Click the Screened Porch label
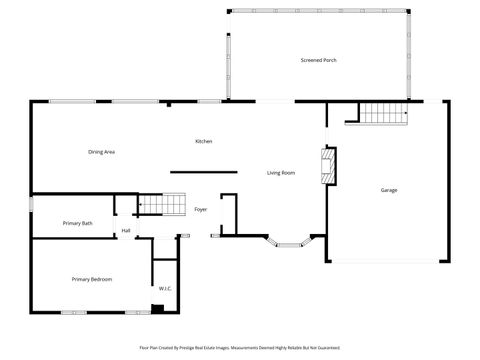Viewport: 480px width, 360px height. [x=318, y=61]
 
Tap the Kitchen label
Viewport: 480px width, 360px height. [x=203, y=141]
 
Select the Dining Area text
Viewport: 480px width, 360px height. [x=102, y=152]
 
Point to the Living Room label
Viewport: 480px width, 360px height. [x=280, y=173]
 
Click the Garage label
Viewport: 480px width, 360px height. [x=388, y=190]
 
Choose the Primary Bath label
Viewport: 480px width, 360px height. [x=78, y=223]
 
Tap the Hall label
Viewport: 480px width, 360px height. [x=126, y=231]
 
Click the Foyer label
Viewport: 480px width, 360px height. [x=200, y=210]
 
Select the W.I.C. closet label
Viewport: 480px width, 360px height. [x=164, y=289]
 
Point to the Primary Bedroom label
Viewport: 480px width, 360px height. [x=91, y=279]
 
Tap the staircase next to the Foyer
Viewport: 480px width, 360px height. [x=162, y=205]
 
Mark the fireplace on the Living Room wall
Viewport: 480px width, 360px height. [x=325, y=167]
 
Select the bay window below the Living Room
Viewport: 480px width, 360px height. [x=291, y=241]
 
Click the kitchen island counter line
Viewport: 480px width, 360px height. [x=203, y=172]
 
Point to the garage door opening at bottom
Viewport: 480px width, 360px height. [x=388, y=262]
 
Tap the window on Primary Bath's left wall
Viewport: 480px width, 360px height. [x=31, y=205]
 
